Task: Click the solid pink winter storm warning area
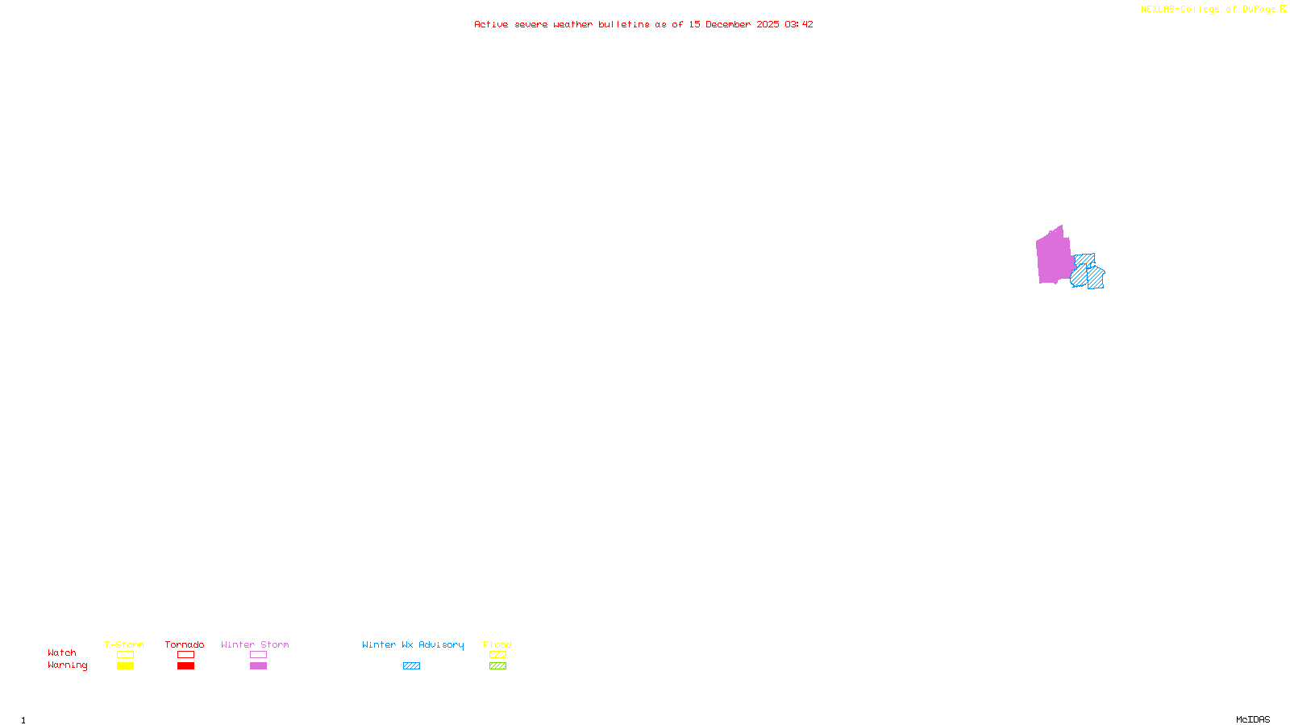click(x=1053, y=256)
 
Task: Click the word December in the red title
click(x=728, y=24)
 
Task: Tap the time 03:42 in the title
click(x=799, y=24)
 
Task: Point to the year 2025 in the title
click(x=768, y=24)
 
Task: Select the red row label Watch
click(x=62, y=652)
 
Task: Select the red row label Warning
click(x=67, y=665)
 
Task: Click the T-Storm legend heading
click(x=124, y=644)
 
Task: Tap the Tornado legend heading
click(x=185, y=644)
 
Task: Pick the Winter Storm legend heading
click(x=255, y=644)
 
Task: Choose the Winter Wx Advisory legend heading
click(x=413, y=644)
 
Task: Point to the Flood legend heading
click(x=497, y=644)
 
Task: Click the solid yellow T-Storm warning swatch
click(x=125, y=666)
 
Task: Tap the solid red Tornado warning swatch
click(x=186, y=666)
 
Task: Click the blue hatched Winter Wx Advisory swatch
click(x=411, y=666)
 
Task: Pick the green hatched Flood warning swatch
click(x=497, y=666)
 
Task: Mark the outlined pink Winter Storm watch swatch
click(x=258, y=655)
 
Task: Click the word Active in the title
click(x=491, y=24)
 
